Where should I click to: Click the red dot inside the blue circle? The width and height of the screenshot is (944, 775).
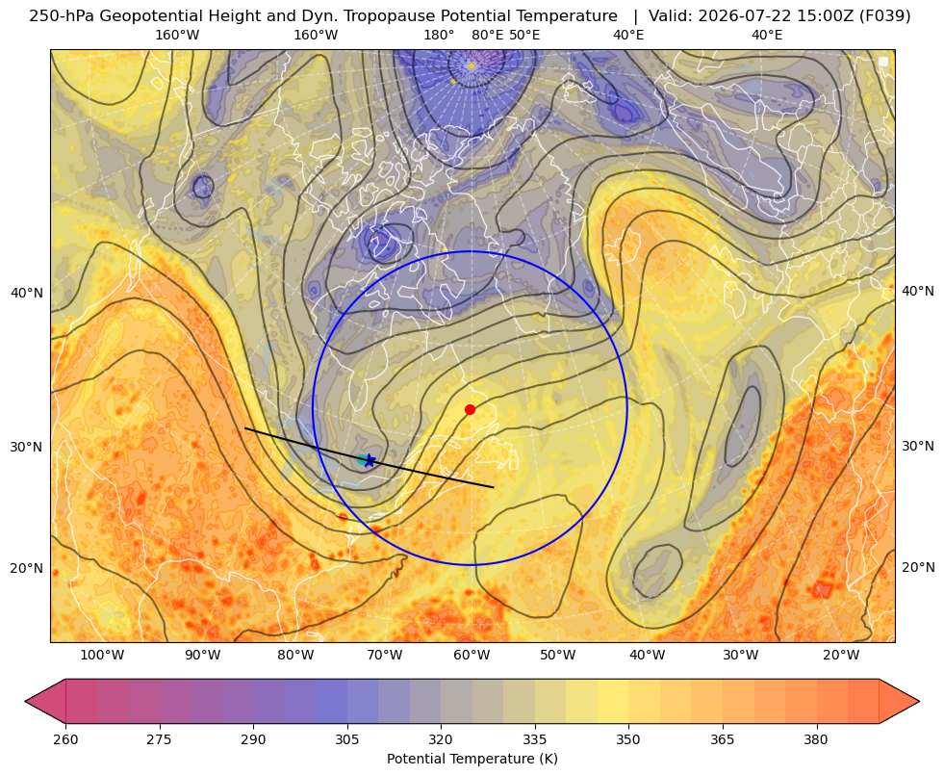pos(471,409)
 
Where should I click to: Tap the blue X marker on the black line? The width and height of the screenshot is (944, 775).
pos(370,460)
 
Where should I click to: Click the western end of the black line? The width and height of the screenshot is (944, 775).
pos(245,428)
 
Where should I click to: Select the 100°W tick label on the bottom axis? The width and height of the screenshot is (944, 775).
pos(102,655)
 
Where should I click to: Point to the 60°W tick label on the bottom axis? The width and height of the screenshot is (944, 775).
pos(472,655)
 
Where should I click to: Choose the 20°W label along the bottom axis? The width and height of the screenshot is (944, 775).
pos(841,655)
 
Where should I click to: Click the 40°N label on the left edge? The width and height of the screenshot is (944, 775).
pos(27,293)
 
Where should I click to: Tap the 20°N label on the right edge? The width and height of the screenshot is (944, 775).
pos(918,567)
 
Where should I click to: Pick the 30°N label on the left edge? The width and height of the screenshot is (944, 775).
pos(27,447)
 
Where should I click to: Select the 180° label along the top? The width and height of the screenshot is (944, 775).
pos(439,35)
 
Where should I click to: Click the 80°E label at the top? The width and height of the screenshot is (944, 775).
pos(488,35)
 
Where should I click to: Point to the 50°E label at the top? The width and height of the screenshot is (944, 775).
pos(524,35)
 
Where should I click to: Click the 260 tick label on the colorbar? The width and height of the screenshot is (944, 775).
pos(65,739)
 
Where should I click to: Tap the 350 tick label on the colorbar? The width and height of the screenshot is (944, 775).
pos(628,739)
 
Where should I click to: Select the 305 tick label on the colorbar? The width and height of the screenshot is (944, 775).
pos(347,739)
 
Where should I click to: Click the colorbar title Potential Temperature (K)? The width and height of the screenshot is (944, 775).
pos(472,759)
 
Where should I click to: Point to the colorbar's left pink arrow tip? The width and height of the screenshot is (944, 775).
pos(25,701)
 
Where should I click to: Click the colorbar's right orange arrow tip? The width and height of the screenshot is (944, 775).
pos(919,701)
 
